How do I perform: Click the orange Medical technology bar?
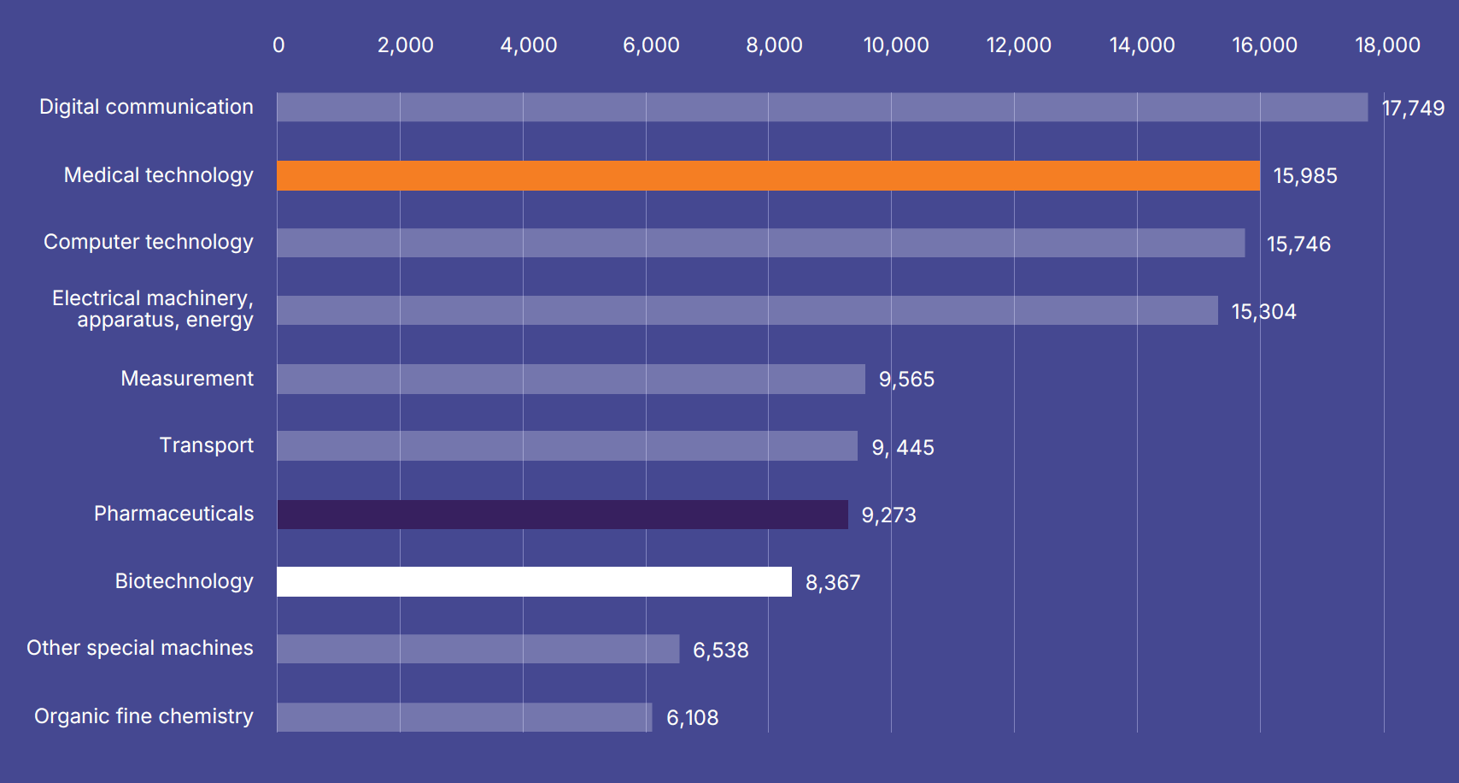[x=768, y=175]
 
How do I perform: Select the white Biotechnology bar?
[x=534, y=581]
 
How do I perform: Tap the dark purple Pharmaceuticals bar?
[x=562, y=515]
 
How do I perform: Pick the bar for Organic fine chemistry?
[x=464, y=717]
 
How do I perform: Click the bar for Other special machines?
[x=478, y=649]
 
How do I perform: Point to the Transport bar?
[x=566, y=446]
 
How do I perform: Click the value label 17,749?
[x=1413, y=109]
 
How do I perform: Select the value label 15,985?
[x=1304, y=176]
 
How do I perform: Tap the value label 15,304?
[x=1263, y=312]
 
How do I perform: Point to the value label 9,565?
[x=906, y=380]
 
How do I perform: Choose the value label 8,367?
[x=832, y=583]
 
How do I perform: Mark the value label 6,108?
[x=692, y=718]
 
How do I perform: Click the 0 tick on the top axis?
[x=278, y=45]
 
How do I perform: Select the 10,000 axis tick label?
[x=895, y=45]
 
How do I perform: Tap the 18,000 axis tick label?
[x=1386, y=45]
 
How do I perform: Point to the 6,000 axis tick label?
[x=651, y=45]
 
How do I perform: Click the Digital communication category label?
[x=146, y=107]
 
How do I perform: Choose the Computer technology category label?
[x=149, y=242]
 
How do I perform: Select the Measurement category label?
[x=187, y=379]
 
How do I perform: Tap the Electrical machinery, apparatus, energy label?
[x=153, y=309]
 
